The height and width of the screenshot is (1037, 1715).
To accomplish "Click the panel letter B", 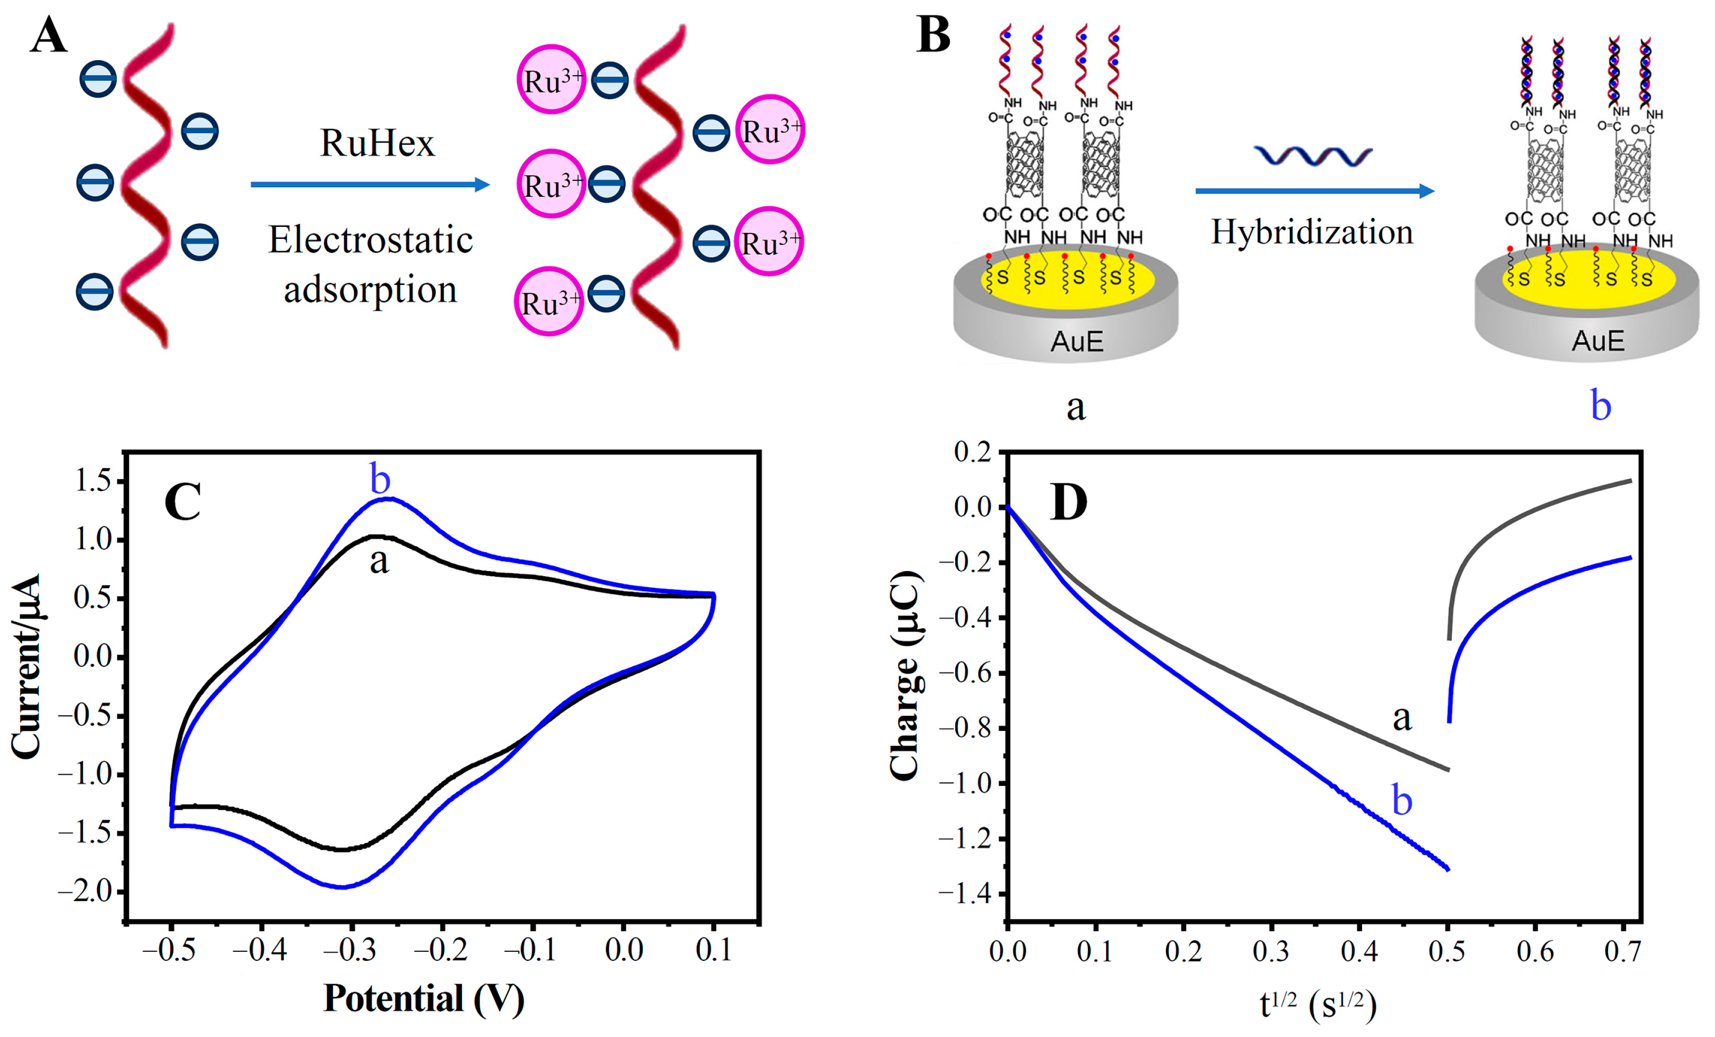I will [x=934, y=36].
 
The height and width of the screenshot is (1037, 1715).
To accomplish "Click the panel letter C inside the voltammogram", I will [x=182, y=502].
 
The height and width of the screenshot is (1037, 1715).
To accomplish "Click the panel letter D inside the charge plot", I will [x=1069, y=502].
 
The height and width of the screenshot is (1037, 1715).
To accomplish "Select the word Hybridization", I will [x=1312, y=232].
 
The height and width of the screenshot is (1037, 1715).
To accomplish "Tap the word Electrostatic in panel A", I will [x=370, y=240].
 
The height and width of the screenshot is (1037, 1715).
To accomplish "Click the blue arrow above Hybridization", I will [x=1314, y=191].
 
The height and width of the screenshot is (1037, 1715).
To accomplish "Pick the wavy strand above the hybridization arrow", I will [x=1312, y=156].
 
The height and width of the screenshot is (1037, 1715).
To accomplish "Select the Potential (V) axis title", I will [x=423, y=999].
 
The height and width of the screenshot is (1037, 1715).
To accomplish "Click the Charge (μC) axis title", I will [x=905, y=675].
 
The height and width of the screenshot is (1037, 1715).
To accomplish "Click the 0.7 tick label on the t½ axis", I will [x=1622, y=951].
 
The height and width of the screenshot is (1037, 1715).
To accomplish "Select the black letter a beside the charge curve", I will [x=1402, y=717].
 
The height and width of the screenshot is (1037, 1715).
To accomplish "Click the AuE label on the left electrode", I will [x=1077, y=341].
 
